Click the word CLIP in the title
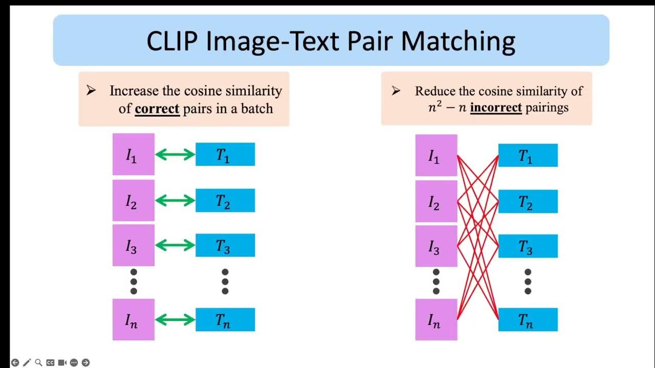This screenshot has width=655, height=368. [x=172, y=41]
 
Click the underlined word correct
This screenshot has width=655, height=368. [x=157, y=109]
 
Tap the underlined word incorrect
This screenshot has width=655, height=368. [x=496, y=107]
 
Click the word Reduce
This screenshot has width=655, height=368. [x=435, y=91]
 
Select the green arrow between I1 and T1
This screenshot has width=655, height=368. [x=175, y=154]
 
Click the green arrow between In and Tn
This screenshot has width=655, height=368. [x=175, y=319]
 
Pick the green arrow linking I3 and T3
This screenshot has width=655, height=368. [x=175, y=245]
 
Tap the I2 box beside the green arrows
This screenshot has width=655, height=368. [x=134, y=200]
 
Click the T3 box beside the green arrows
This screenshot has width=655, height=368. [x=225, y=245]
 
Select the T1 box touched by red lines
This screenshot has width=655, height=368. [x=528, y=155]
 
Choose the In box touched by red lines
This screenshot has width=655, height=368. [x=436, y=319]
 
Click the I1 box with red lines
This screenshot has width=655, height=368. [x=436, y=155]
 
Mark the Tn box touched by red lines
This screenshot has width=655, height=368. [x=528, y=319]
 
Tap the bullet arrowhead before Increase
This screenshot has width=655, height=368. [x=91, y=90]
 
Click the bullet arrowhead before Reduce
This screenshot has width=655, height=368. [x=396, y=91]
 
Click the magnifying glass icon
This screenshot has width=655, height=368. [x=38, y=362]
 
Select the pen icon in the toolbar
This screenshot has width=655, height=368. [x=27, y=362]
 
